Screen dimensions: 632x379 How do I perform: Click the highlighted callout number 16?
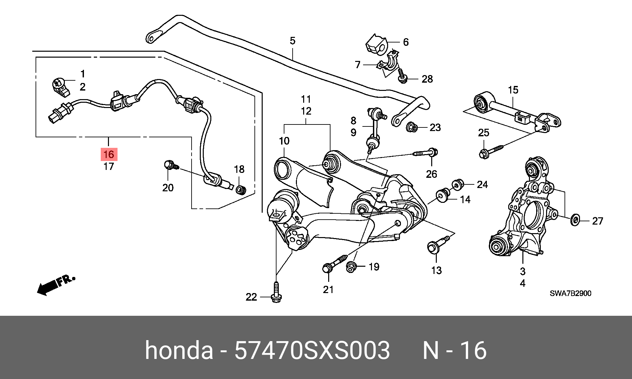pos(109,154)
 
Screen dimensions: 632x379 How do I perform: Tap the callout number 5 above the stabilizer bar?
pos(293,41)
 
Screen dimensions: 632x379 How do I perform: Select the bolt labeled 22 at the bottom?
pos(276,292)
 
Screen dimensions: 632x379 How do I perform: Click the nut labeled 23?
pos(412,127)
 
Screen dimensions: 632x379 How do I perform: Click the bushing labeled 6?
pos(376,45)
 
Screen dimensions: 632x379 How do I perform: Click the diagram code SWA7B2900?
pos(570,293)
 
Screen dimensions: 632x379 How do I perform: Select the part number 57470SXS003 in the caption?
pos(312,350)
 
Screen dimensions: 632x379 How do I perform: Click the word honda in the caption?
pos(179,350)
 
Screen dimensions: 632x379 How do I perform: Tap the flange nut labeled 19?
pos(351,267)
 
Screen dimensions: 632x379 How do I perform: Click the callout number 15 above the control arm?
pos(513,90)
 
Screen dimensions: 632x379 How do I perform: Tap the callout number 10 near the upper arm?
pos(284,141)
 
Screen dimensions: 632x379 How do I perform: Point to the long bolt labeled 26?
pos(425,153)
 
